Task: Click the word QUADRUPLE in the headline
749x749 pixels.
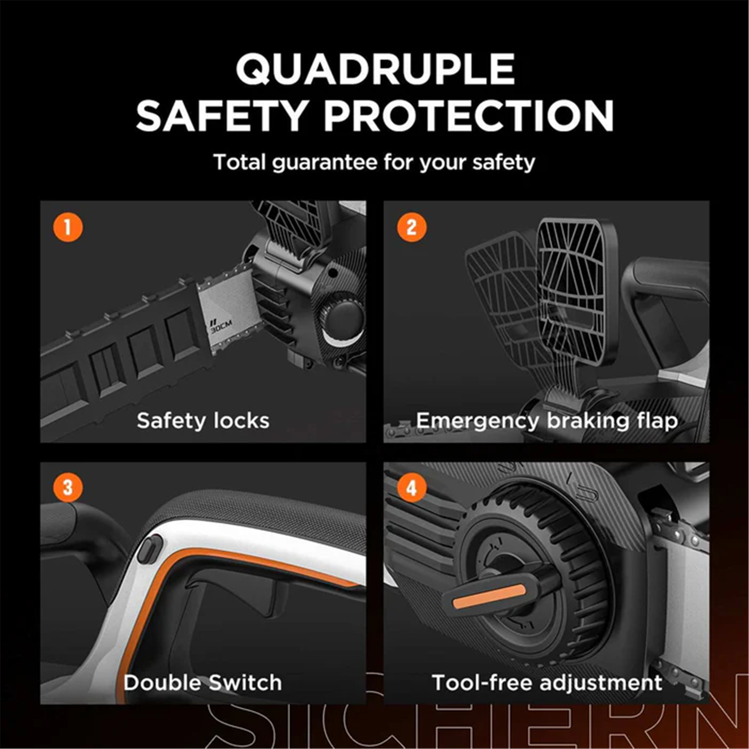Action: point(375,69)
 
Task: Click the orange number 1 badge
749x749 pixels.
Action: point(68,227)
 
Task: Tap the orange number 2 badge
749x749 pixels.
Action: point(411,227)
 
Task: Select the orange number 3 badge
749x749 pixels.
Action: point(68,487)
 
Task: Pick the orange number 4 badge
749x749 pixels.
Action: point(411,487)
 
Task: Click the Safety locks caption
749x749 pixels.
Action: point(203,420)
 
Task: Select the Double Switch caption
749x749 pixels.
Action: point(203,683)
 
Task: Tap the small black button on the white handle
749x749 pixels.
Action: point(150,549)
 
